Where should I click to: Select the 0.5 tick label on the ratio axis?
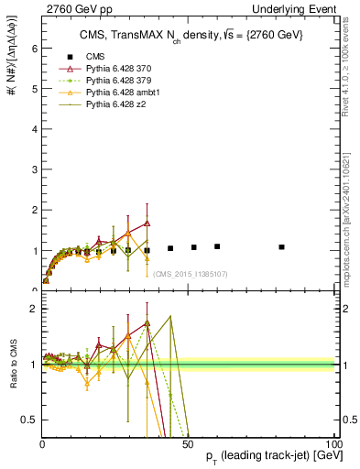pyautogui.click(x=29, y=420)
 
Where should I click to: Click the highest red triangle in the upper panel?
pyautogui.click(x=147, y=223)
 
